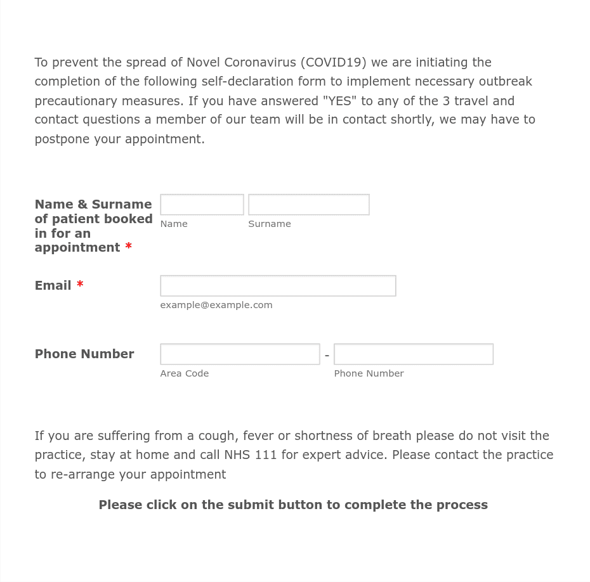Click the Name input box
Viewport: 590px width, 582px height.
202,205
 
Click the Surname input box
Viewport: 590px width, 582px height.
308,205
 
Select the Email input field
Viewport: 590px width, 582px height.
278,286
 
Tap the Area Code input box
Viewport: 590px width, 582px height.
240,354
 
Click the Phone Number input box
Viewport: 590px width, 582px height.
413,354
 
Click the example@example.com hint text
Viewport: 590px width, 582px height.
216,305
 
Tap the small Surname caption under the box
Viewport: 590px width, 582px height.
269,224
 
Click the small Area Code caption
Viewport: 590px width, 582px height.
184,373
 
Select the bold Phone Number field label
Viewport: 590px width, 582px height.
84,354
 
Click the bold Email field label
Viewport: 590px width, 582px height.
53,285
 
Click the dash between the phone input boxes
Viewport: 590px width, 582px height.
327,356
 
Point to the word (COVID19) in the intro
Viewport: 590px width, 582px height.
333,62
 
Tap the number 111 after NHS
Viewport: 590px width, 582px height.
266,455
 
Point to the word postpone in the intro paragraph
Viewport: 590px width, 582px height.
62,139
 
